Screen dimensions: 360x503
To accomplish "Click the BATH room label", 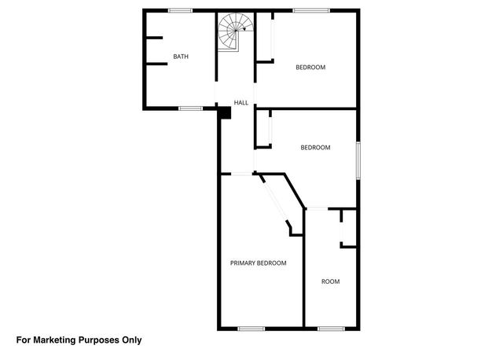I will [x=181, y=57].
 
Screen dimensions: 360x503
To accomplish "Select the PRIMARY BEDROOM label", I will [x=258, y=263].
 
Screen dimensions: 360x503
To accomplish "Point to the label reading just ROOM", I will [x=330, y=281].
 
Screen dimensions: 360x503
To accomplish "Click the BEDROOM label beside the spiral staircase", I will [x=310, y=68].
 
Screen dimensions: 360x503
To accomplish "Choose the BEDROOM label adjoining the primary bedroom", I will [x=315, y=148].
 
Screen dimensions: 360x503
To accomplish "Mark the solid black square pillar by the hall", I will [x=225, y=112].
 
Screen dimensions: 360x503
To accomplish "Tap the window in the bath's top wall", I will [x=180, y=10].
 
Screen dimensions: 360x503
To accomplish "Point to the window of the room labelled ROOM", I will [x=331, y=328].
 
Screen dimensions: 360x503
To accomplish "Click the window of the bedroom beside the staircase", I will [x=311, y=10].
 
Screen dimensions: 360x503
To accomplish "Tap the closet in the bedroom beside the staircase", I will [x=264, y=39].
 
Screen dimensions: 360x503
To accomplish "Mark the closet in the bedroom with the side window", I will [x=263, y=130].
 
